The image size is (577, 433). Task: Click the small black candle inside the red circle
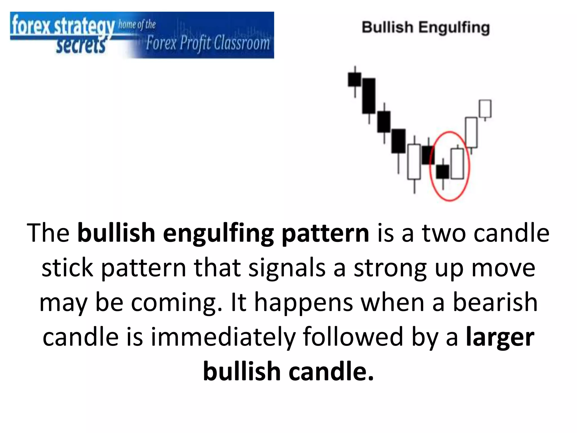click(x=443, y=172)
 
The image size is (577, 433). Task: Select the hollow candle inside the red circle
click(x=457, y=164)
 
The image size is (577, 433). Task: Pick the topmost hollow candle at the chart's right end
click(x=485, y=109)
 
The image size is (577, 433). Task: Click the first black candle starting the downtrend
click(x=354, y=79)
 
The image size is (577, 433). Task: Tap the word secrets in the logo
click(x=81, y=46)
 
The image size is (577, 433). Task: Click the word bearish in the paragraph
click(x=495, y=302)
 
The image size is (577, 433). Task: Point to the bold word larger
click(x=500, y=337)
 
